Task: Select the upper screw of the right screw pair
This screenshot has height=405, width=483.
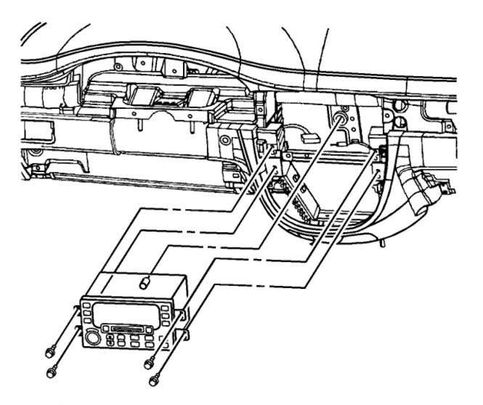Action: [x=149, y=362]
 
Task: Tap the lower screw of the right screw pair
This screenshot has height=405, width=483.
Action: [x=153, y=378]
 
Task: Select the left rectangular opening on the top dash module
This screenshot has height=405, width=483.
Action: [x=141, y=94]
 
